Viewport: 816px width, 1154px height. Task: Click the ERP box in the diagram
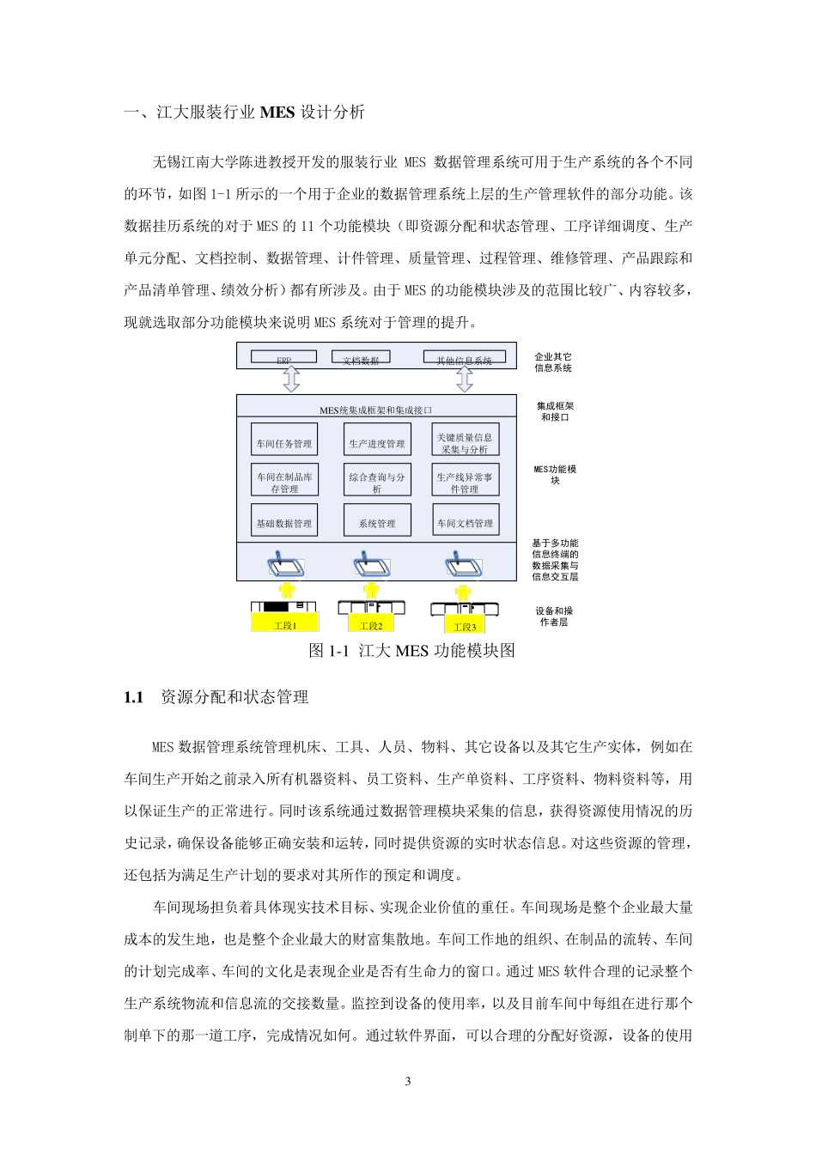pyautogui.click(x=283, y=357)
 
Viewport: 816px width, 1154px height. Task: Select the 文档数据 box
pyautogui.click(x=361, y=357)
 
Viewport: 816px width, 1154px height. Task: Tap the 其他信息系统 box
pyautogui.click(x=465, y=357)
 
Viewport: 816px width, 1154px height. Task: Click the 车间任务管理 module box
pyautogui.click(x=284, y=440)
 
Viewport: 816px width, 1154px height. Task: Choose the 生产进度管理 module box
pyautogui.click(x=377, y=440)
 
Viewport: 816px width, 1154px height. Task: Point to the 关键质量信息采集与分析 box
pyautogui.click(x=465, y=440)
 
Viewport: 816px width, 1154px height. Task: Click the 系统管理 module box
pyautogui.click(x=377, y=520)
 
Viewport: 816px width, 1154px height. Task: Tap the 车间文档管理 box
pyautogui.click(x=465, y=520)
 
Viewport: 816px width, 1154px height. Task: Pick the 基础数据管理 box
pyautogui.click(x=284, y=520)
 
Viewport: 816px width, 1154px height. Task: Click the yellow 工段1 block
pyautogui.click(x=285, y=623)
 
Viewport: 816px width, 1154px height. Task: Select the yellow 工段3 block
pyautogui.click(x=465, y=624)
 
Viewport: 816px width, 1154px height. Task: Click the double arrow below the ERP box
pyautogui.click(x=290, y=379)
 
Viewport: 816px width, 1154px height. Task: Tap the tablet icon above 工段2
pyautogui.click(x=371, y=564)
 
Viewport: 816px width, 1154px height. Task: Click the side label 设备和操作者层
pyautogui.click(x=555, y=616)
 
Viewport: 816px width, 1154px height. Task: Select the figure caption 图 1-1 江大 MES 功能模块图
pyautogui.click(x=411, y=651)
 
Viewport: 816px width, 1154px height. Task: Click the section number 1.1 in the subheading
pyautogui.click(x=133, y=697)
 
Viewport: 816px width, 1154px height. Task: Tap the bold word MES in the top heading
pyautogui.click(x=277, y=112)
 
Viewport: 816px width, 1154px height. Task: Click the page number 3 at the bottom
pyautogui.click(x=408, y=1081)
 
